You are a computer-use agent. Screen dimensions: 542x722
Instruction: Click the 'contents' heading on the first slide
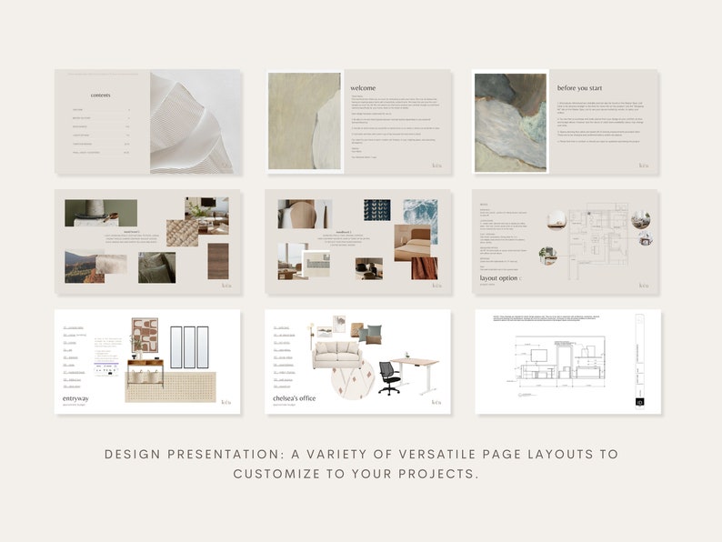[x=101, y=95]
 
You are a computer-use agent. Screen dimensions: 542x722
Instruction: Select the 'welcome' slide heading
[x=363, y=88]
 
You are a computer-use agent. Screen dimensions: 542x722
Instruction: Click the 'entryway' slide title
[x=76, y=397]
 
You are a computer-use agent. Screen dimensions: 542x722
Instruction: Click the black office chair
[x=389, y=376]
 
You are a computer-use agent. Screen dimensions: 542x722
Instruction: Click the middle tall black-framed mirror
[x=189, y=346]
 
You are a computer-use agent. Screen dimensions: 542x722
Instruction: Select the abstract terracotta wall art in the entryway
[x=145, y=335]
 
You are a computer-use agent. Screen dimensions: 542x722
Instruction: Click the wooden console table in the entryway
[x=145, y=368]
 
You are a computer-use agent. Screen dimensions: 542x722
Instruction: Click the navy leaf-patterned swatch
[x=376, y=210]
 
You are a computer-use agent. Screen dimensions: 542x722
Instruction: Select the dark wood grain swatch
[x=218, y=260]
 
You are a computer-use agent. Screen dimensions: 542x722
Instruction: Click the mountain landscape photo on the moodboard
[x=83, y=267]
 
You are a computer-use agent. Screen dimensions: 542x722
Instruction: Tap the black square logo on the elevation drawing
[x=639, y=400]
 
